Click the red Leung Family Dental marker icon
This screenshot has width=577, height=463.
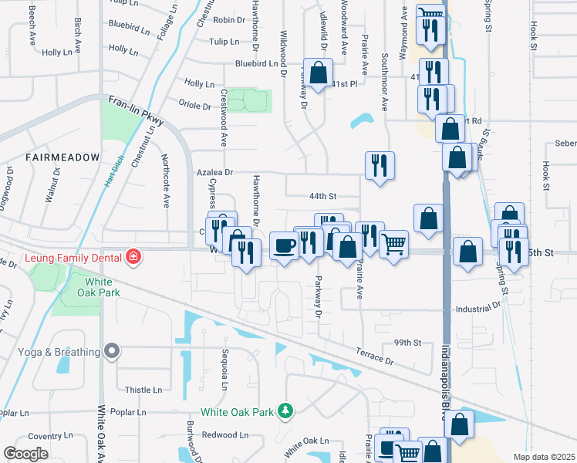pyautogui.click(x=134, y=257)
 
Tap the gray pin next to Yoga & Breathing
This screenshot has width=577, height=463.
pyautogui.click(x=112, y=352)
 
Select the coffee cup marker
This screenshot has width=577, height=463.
pyautogui.click(x=284, y=246)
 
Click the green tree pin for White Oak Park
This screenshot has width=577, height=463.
pyautogui.click(x=285, y=411)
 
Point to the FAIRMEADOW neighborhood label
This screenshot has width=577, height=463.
pyautogui.click(x=62, y=157)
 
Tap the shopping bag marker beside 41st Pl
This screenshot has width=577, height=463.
pyautogui.click(x=318, y=74)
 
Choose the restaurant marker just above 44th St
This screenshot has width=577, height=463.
pyautogui.click(x=379, y=165)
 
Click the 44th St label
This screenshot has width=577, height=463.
pyautogui.click(x=324, y=197)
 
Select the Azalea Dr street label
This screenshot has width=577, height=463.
pyautogui.click(x=214, y=174)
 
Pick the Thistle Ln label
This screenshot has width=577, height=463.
pyautogui.click(x=143, y=390)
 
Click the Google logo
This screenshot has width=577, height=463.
pyautogui.click(x=25, y=454)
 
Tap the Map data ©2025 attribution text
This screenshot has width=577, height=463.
pyautogui.click(x=544, y=457)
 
